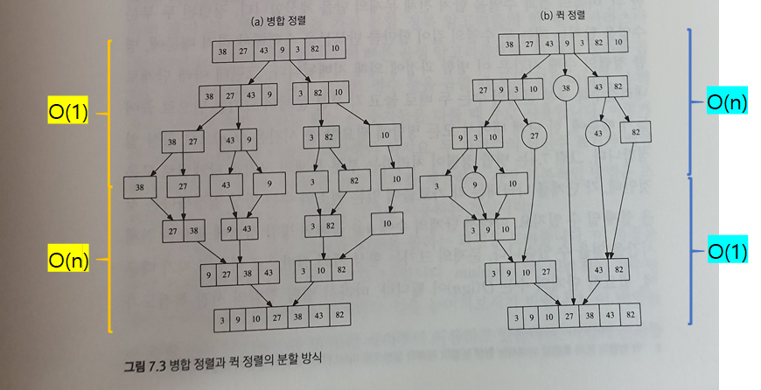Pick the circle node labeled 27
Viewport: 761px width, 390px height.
tap(534, 136)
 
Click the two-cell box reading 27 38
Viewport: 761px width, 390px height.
tap(185, 231)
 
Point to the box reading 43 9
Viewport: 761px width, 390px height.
tap(237, 139)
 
